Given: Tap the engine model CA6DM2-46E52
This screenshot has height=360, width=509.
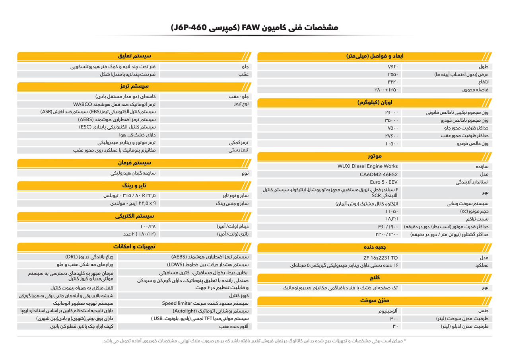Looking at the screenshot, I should (x=376, y=174).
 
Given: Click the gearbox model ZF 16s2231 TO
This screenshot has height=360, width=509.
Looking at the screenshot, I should (x=379, y=257).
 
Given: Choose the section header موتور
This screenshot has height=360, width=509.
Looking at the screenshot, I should (x=375, y=156).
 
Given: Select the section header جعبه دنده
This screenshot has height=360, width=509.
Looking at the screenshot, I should (x=375, y=247).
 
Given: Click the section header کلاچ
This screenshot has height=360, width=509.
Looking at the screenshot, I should (x=375, y=277).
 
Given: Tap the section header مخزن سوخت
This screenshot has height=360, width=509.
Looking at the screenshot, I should (x=375, y=300).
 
